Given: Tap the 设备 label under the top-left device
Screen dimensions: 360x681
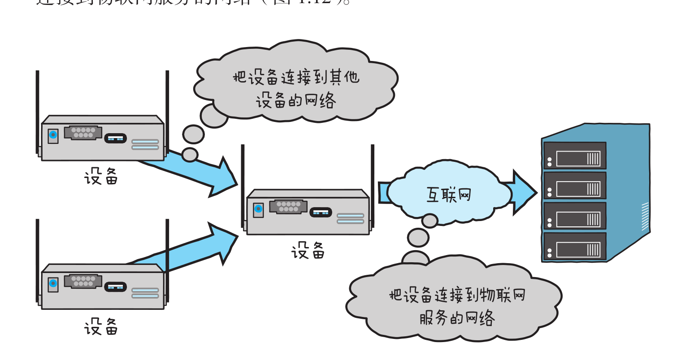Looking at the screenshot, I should (101, 177).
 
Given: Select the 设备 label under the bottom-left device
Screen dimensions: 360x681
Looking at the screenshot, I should (101, 327).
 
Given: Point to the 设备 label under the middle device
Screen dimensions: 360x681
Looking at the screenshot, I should (308, 251).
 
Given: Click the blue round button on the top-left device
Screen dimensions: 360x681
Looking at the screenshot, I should (53, 134).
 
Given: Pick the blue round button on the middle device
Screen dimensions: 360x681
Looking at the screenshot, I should (258, 208).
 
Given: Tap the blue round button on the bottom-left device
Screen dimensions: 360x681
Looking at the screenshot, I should (53, 283).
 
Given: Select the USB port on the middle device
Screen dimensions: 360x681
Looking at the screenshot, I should (321, 213).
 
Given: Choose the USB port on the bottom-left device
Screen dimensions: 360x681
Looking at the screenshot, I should (115, 287).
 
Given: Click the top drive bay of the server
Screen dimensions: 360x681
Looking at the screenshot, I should (575, 156).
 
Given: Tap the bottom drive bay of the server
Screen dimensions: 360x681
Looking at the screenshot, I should (575, 246).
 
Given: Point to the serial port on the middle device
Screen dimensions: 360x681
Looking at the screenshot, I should (288, 207).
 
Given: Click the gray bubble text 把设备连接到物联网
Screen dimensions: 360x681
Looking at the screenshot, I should (457, 295).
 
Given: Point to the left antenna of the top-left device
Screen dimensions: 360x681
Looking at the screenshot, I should (38, 112).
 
